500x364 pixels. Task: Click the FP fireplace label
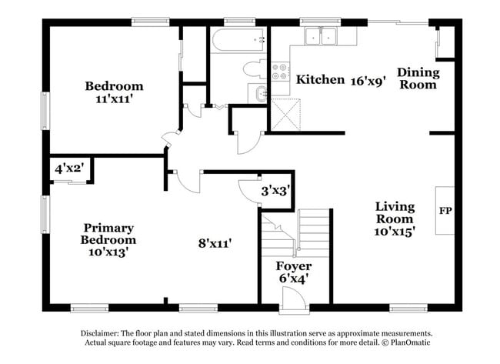pos(445,210)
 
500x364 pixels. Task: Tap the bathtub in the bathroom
pos(238,41)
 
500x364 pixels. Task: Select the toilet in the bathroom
pos(253,69)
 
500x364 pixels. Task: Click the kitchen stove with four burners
pos(280,73)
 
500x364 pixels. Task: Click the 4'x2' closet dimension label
pos(68,168)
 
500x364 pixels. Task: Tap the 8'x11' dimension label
pos(215,243)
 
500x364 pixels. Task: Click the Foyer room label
pos(293,266)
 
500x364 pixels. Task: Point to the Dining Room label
pos(418,78)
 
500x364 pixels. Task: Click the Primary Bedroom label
pos(108,239)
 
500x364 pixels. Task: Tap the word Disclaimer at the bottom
pos(105,333)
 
